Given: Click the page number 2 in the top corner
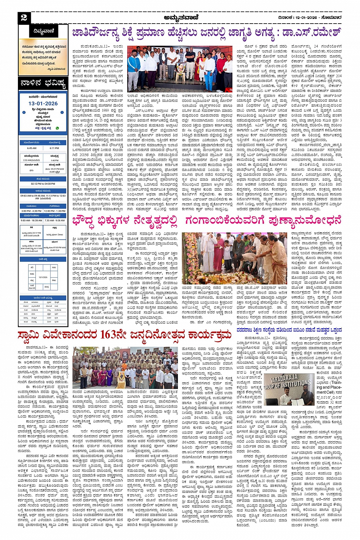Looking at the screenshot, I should (24, 18).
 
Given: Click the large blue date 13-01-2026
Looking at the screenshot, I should (43, 103).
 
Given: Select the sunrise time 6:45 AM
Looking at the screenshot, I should (32, 148).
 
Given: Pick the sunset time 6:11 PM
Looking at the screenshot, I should (54, 148).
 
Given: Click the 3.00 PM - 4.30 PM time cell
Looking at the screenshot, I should (31, 211).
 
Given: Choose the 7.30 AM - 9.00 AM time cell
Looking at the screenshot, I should (54, 220).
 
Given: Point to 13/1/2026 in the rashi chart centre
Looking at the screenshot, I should (43, 277).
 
